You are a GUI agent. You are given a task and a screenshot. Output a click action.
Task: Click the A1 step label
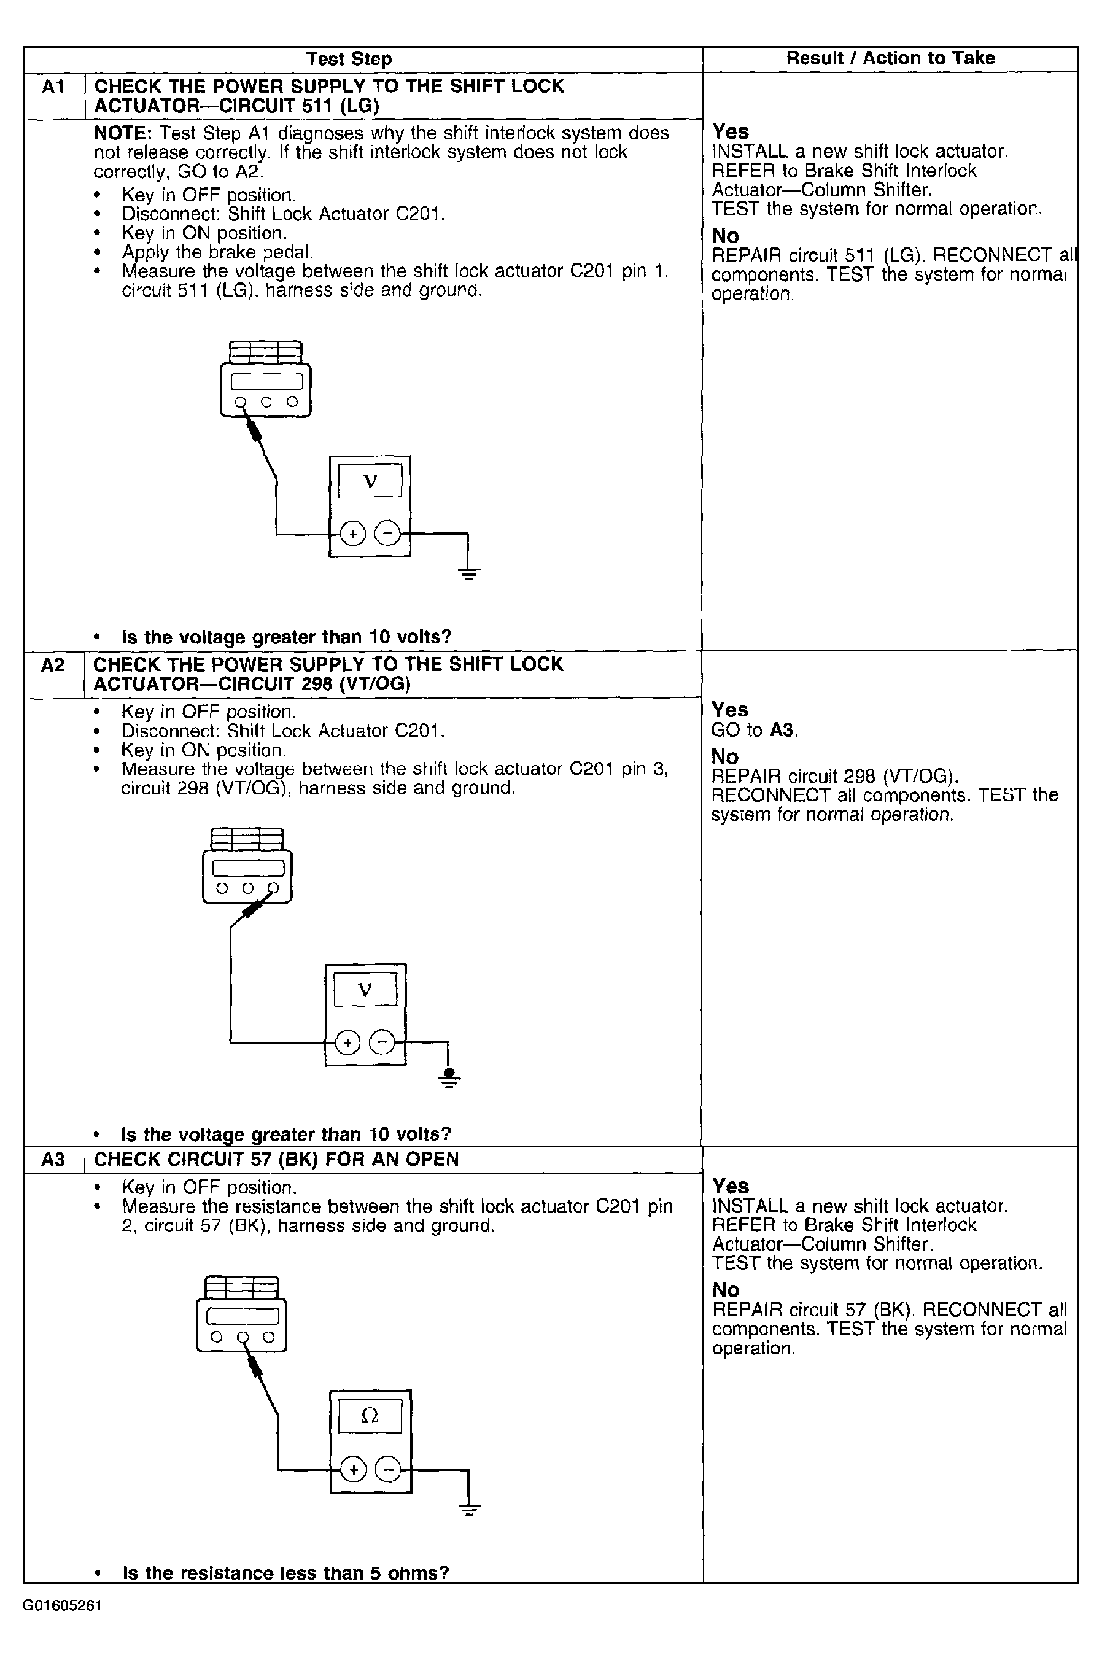pos(53,87)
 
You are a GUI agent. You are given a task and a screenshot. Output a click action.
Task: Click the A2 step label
pos(53,665)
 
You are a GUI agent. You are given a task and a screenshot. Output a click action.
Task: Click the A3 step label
pos(53,1158)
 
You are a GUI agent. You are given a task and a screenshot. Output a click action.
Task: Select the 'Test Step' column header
pos(349,59)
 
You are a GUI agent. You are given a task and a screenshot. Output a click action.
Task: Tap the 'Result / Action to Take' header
pos(890,58)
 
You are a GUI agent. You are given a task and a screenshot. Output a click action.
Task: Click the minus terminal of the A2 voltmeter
pos(382,1043)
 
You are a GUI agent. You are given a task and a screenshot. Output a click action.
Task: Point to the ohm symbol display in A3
pos(370,1415)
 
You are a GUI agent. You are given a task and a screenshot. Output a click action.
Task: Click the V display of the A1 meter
pos(370,481)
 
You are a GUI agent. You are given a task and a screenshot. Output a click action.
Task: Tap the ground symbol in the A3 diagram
pos(470,1507)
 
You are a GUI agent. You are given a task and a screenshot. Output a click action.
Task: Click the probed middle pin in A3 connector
pos(243,1337)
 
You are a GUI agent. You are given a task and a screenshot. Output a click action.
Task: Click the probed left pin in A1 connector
pos(241,403)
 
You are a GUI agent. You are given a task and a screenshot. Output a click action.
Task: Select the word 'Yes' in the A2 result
pos(729,710)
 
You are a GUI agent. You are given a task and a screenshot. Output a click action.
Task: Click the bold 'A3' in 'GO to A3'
pos(783,730)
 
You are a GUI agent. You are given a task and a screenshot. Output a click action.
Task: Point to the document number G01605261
pos(62,1605)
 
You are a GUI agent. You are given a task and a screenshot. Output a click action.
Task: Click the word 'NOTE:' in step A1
pos(123,133)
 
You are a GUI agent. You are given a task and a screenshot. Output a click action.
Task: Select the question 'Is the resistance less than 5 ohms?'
pos(285,1573)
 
